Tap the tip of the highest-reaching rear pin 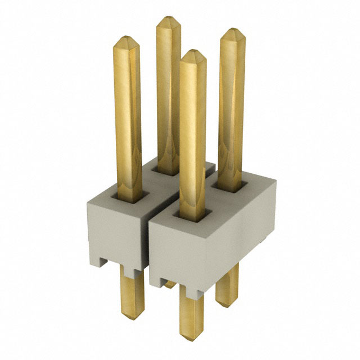pyautogui.click(x=168, y=21)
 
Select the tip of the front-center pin pyautogui.click(x=192, y=55)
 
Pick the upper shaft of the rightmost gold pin pyautogui.click(x=231, y=107)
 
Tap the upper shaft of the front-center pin pyautogui.click(x=192, y=129)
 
